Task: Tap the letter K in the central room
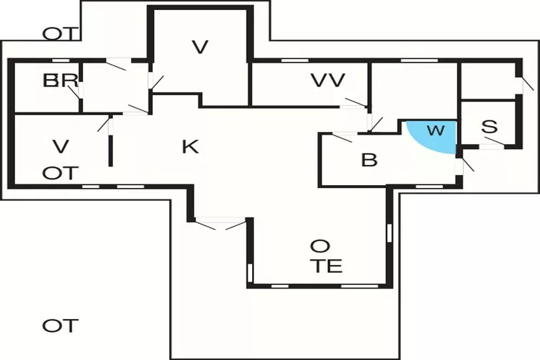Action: [x=189, y=147]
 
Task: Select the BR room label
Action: [x=60, y=81]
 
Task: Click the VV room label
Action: [x=328, y=80]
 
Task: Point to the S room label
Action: [x=490, y=126]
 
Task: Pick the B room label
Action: [x=369, y=160]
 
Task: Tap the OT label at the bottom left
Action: [x=60, y=325]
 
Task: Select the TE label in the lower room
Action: [x=328, y=266]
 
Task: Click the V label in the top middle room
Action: [x=200, y=48]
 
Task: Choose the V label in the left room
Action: [x=60, y=146]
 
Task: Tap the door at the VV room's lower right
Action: [x=354, y=104]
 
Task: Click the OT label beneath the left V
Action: [x=60, y=173]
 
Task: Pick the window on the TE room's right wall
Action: [x=390, y=233]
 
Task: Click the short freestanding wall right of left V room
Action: [x=111, y=148]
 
